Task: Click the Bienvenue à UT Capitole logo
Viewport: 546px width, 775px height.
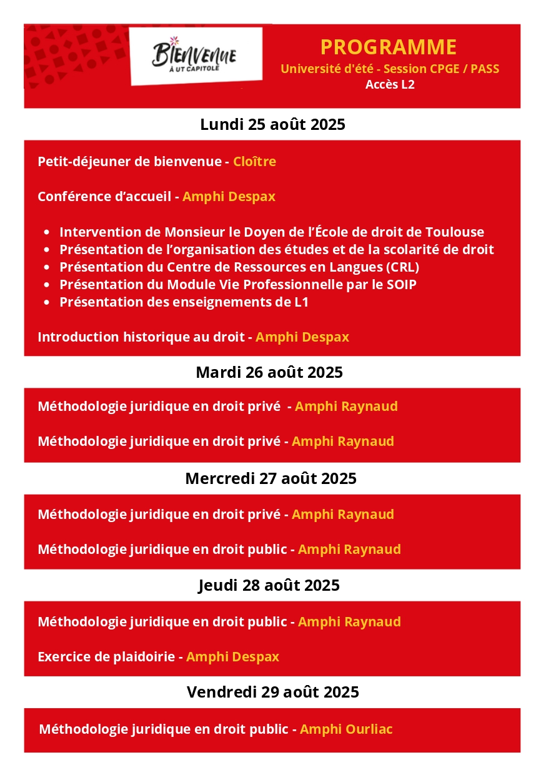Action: pos(195,56)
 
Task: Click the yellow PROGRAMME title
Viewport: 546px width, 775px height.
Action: pos(389,47)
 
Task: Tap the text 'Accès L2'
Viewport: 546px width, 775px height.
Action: pos(390,85)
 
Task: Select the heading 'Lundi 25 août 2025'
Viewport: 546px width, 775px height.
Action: pos(272,124)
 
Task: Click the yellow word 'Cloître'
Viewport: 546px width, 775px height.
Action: pos(254,162)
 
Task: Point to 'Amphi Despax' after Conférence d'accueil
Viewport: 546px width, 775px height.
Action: pos(229,197)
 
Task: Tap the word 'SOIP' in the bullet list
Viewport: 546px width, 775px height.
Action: pos(404,285)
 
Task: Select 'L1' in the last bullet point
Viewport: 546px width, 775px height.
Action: pos(301,302)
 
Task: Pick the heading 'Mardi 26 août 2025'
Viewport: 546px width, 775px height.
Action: pos(269,373)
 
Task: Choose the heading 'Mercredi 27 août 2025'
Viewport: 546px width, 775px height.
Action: pos(271,479)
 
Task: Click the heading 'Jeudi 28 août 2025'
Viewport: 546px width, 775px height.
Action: pos(269,586)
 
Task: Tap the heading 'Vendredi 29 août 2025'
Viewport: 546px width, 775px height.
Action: pos(272,692)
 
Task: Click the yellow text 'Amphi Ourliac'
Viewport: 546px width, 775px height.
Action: pos(346,729)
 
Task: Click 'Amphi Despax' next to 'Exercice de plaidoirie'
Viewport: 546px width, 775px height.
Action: pos(232,657)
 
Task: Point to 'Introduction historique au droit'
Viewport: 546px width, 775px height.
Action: pos(141,337)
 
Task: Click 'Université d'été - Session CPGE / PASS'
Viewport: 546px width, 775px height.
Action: pos(390,69)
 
